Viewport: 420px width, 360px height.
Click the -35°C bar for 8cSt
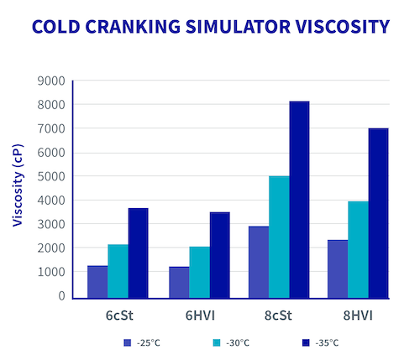coord(299,199)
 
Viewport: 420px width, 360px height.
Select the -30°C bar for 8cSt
coord(279,237)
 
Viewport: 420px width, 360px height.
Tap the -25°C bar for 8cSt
coord(259,262)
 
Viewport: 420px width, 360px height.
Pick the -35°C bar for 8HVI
coord(378,213)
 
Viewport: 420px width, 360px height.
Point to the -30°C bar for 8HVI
coord(358,249)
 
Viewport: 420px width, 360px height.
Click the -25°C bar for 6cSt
coord(97,281)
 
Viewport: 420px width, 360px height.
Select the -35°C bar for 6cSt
coord(138,253)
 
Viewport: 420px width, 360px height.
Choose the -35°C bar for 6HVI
coord(219,254)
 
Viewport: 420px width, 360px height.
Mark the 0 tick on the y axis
coord(60,296)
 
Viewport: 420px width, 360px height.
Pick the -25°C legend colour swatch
coord(128,343)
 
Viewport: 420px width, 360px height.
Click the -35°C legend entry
coord(322,343)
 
